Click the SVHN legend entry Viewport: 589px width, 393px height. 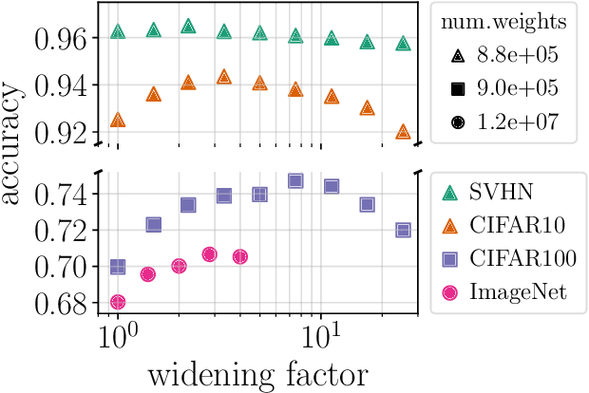coord(494,193)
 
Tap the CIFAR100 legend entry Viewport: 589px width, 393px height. coord(509,259)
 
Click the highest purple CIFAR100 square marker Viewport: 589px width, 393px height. coord(295,181)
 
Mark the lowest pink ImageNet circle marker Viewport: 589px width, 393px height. coord(118,302)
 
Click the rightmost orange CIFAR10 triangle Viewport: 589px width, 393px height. coord(403,132)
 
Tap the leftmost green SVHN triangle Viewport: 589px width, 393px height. coord(118,31)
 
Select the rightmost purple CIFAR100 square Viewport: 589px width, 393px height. coord(403,231)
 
